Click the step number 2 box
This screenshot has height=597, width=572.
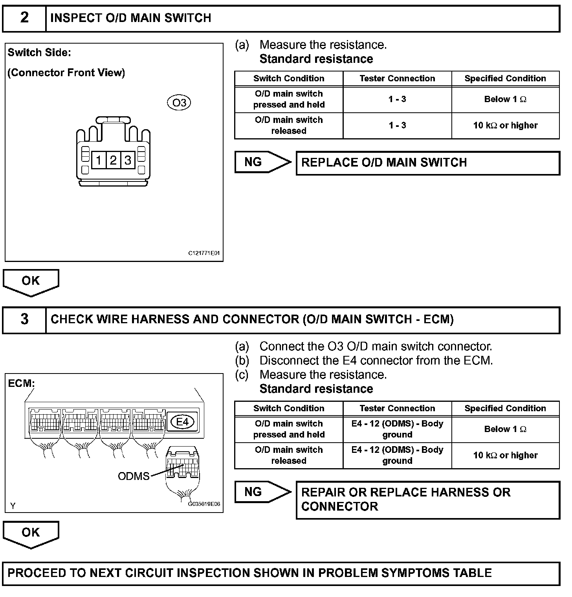coord(24,18)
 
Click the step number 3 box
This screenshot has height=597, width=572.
coord(24,319)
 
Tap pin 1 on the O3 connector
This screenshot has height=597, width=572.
coord(99,160)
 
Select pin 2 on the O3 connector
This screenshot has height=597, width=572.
coord(113,160)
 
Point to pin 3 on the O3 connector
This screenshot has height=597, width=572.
coord(128,160)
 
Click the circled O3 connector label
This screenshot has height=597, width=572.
coord(179,103)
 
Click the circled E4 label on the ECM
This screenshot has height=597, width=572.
coord(183,422)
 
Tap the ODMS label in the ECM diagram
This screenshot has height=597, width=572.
coord(134,476)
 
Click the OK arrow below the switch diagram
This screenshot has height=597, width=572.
coord(31,282)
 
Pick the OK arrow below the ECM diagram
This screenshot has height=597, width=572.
coord(31,533)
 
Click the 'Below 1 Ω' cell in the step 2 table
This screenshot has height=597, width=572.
coord(505,99)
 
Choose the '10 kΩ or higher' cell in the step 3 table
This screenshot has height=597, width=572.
coord(505,456)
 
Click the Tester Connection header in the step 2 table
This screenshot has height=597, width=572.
coord(397,79)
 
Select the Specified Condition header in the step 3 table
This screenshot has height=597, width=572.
coord(505,408)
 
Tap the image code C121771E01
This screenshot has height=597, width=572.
coord(204,253)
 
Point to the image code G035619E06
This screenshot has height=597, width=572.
coord(204,504)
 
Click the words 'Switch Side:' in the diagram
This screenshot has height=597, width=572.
coord(39,53)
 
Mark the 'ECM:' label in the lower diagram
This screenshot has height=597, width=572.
coord(21,383)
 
